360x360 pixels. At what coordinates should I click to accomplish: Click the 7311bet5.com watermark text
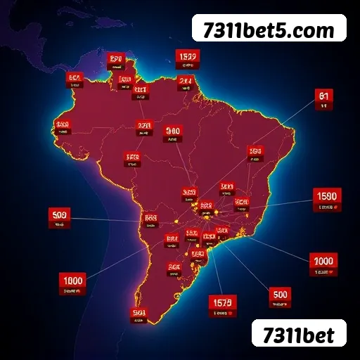tap(269, 30)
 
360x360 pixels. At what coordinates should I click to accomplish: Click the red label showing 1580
tap(327, 198)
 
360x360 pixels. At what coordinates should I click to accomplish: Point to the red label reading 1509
tap(187, 58)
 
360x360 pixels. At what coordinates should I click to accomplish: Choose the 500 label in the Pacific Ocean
tap(59, 216)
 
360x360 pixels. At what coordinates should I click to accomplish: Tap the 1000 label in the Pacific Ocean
tap(73, 283)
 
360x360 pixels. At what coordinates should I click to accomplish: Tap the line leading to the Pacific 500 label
tap(105, 219)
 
